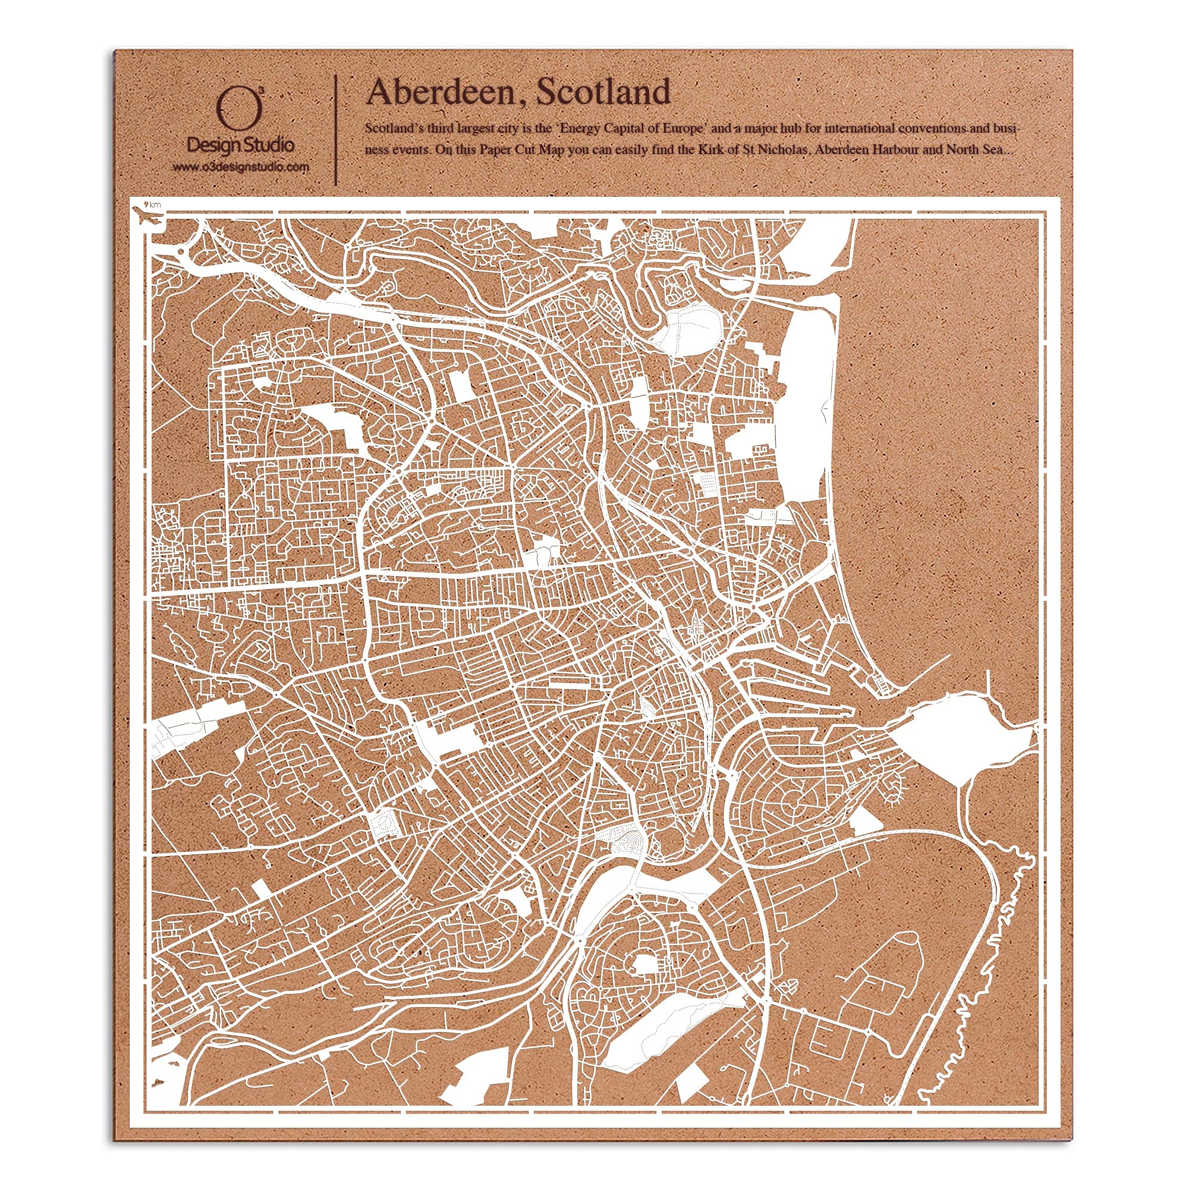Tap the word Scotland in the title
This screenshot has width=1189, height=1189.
[603, 92]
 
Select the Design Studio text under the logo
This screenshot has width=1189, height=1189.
[241, 145]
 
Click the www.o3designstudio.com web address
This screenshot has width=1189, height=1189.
[241, 168]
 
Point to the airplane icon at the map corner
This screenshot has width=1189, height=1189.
[148, 217]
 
